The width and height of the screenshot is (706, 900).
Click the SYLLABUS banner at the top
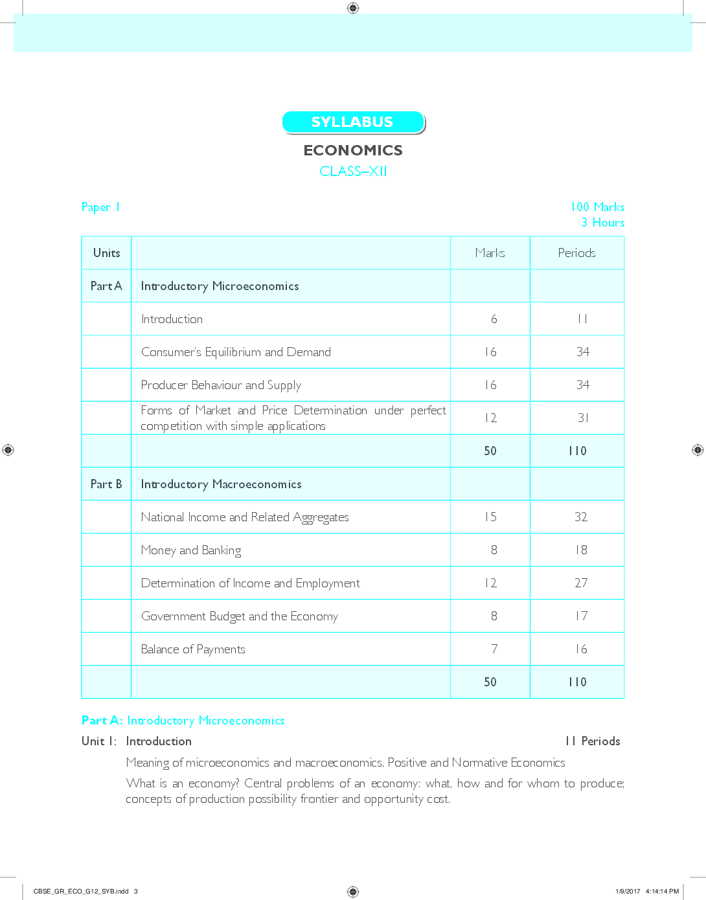pos(353,122)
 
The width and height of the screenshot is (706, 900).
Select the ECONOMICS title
pos(353,150)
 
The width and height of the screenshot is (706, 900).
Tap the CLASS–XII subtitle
pos(353,171)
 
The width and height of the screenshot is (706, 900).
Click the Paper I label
pos(100,207)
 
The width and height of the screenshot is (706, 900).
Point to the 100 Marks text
pos(597,207)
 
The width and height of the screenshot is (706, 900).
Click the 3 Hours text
pos(602,223)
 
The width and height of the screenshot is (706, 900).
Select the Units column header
pos(106,253)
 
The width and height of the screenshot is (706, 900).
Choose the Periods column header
pos(576,253)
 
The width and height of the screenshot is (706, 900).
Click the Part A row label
pos(106,286)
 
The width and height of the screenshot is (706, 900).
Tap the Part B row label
pos(106,484)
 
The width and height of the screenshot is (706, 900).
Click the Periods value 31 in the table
pos(583,418)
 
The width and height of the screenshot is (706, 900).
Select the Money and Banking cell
pos(191,550)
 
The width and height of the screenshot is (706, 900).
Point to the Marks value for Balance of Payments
pos(494,649)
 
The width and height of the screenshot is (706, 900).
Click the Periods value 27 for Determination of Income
pos(581,583)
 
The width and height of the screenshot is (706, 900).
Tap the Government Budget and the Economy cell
pos(240,616)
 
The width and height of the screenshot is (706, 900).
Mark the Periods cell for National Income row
pos(581,517)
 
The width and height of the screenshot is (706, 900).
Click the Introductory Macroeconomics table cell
pos(222,484)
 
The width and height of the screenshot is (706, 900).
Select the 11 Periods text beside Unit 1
pos(592,741)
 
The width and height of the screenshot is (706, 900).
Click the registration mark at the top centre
pos(353,8)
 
